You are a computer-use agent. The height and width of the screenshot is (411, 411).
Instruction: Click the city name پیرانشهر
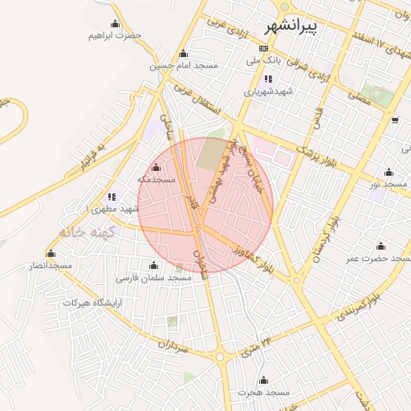coord(312,26)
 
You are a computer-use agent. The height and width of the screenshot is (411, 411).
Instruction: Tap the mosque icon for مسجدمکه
coord(155,168)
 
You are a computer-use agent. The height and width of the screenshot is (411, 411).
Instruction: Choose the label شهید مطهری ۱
coord(114,209)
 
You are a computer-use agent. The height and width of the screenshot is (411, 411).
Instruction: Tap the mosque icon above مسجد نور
coord(389,173)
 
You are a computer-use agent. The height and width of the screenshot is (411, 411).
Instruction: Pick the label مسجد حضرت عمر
coord(378,258)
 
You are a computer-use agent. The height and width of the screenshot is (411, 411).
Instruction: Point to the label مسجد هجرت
coord(262,392)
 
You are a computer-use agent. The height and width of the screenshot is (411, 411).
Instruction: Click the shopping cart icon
coord(395,120)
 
